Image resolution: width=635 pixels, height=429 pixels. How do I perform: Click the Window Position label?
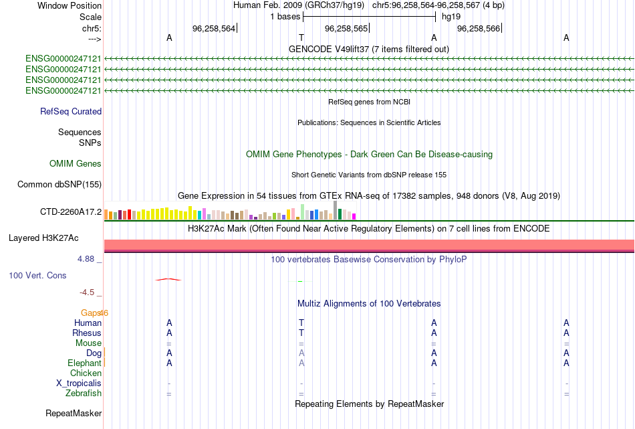[x=70, y=5]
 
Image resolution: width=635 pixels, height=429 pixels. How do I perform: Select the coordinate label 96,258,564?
[x=214, y=28]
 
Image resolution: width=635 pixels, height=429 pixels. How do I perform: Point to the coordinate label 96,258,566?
[x=479, y=28]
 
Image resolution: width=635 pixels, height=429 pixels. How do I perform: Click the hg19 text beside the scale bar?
[x=451, y=17]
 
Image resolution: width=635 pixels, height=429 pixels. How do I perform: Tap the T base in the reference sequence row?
[x=301, y=37]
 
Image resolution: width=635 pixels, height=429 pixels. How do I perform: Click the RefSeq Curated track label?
[x=71, y=112]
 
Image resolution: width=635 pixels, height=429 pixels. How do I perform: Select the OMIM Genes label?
[x=76, y=163]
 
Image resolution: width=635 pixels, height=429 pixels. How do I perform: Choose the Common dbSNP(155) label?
[x=59, y=185]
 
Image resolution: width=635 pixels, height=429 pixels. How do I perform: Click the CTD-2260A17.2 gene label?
[x=71, y=211]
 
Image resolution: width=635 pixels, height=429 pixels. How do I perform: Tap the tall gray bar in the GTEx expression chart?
[x=335, y=210]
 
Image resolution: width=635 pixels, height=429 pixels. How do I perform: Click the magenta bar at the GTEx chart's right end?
[x=354, y=217]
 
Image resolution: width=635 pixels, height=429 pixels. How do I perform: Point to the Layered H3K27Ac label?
[x=43, y=238]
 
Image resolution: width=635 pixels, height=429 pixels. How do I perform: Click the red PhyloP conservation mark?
[x=168, y=279]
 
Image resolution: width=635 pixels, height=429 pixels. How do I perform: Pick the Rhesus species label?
[x=87, y=333]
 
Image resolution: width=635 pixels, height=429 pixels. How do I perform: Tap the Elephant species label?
[x=84, y=363]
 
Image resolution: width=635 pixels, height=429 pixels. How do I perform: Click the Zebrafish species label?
[x=84, y=393]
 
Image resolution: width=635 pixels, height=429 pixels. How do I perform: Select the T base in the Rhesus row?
[x=301, y=333]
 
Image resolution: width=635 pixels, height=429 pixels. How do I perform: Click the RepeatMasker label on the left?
[x=74, y=413]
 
